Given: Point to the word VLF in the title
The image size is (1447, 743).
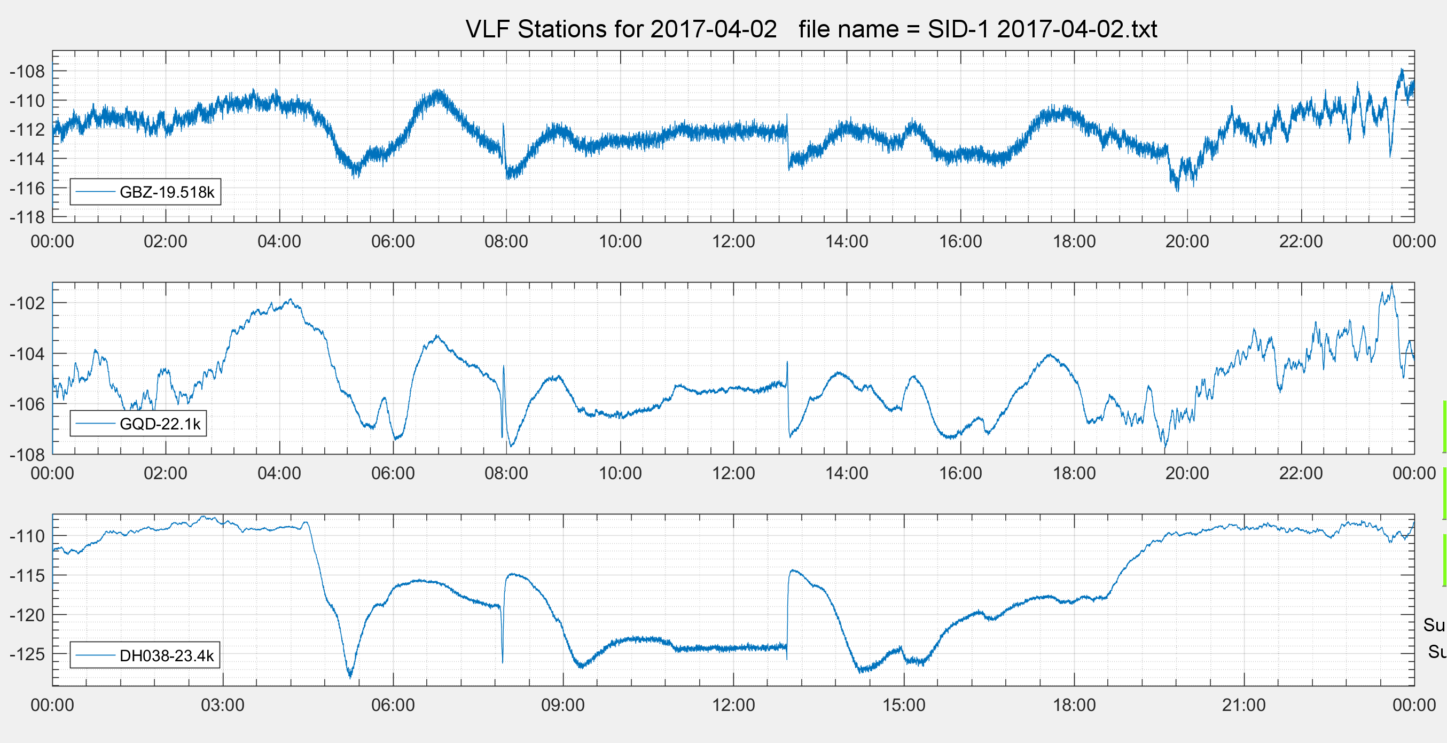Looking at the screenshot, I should pyautogui.click(x=488, y=29).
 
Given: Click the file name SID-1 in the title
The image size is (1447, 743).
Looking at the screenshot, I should pyautogui.click(x=958, y=29).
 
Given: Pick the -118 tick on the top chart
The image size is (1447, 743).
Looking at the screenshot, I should pyautogui.click(x=27, y=217).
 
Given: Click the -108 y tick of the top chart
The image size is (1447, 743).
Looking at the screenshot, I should pyautogui.click(x=27, y=72).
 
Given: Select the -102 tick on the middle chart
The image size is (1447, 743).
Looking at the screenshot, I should pyautogui.click(x=27, y=303).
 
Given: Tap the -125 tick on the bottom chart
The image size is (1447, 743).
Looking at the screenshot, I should pyautogui.click(x=27, y=654).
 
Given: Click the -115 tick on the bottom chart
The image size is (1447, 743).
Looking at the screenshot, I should pyautogui.click(x=27, y=576).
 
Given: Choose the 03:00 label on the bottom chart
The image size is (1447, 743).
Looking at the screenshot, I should pyautogui.click(x=222, y=705).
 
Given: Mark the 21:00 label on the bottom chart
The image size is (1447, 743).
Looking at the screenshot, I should pyautogui.click(x=1243, y=705).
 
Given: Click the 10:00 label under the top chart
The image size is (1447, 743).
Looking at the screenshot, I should pyautogui.click(x=620, y=241).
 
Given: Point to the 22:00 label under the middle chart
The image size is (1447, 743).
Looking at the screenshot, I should pyautogui.click(x=1301, y=473).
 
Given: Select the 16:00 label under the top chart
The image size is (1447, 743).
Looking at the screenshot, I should pyautogui.click(x=960, y=241).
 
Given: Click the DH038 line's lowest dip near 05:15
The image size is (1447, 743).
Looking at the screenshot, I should pyautogui.click(x=350, y=676).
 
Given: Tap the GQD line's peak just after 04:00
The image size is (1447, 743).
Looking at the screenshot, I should pyautogui.click(x=291, y=299).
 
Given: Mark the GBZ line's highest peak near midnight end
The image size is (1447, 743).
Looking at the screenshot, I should pyautogui.click(x=1402, y=69).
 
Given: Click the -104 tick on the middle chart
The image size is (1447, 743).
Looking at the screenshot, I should pyautogui.click(x=27, y=354).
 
